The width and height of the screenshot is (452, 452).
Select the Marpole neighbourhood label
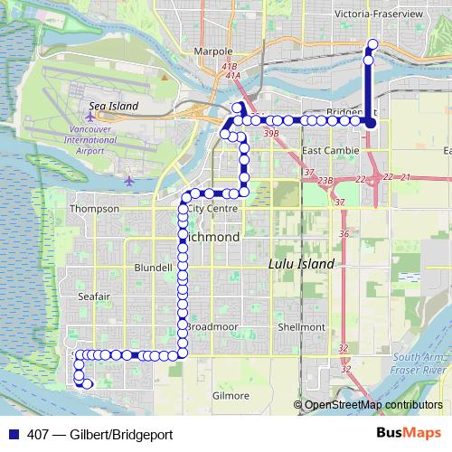[x=212, y=52]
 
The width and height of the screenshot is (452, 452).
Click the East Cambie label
[x=325, y=150]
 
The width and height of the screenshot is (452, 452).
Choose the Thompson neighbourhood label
[x=94, y=209]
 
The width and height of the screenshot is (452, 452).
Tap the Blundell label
[x=153, y=268]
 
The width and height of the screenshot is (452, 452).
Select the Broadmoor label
[x=210, y=326]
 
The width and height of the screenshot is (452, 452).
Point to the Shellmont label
[x=302, y=326]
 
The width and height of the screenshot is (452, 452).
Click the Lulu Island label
[x=302, y=264]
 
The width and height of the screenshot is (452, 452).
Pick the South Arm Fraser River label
[x=419, y=364]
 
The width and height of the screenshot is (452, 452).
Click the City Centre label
[x=213, y=209]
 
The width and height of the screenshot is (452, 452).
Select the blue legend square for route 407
[x=13, y=434]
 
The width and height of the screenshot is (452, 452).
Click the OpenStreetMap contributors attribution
[x=372, y=405]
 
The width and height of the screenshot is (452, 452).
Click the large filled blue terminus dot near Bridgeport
[x=370, y=121]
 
